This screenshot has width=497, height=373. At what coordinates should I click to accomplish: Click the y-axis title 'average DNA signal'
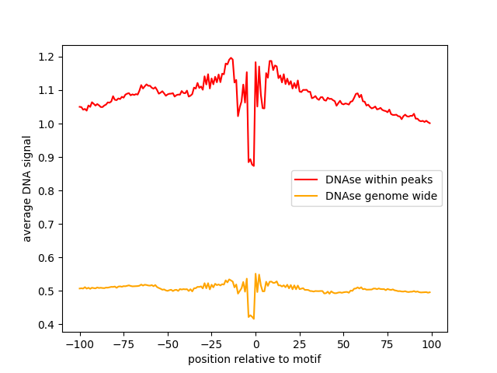[x=27, y=189]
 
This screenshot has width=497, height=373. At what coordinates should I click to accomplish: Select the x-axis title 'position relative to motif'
[x=255, y=360]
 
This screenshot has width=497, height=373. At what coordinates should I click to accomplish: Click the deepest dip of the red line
[x=253, y=166]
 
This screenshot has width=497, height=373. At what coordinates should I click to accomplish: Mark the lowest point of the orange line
[x=253, y=319]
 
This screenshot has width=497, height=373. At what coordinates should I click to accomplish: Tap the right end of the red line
[x=430, y=124]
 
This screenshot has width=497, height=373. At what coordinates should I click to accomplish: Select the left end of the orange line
[x=79, y=288]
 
